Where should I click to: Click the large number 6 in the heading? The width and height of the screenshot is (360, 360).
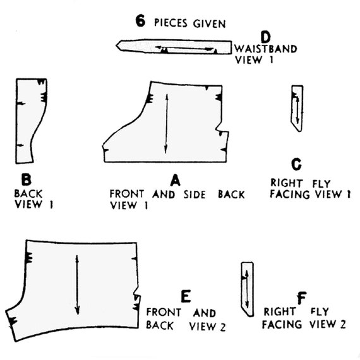pos(140,21)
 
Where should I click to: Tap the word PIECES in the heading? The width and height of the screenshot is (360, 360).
pos(171,23)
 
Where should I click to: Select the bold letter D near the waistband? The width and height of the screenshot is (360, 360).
pos(266,37)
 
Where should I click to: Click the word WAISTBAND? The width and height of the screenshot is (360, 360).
pos(266,49)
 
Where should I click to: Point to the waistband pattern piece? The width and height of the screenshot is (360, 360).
pos(174,47)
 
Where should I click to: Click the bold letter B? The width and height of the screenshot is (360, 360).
pos(26,179)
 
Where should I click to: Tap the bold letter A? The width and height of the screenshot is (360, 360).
pos(176,180)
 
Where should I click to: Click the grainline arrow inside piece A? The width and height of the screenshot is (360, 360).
pos(166,124)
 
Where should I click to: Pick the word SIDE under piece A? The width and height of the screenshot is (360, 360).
pos(195,195)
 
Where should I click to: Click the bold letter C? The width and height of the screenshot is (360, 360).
pos(296,164)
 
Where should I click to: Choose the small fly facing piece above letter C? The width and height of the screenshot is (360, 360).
pos(297,109)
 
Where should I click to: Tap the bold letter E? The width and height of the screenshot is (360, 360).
pos(186,296)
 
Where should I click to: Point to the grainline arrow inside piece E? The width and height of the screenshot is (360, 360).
pos(77,285)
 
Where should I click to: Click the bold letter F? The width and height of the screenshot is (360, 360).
pos(302,297)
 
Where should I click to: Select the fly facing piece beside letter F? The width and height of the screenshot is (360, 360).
pos(248,289)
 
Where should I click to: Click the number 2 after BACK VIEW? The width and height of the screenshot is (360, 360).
pos(223,327)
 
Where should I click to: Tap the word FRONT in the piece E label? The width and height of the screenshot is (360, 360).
pos(164,313)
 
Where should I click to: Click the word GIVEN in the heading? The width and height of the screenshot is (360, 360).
pos(210,24)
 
